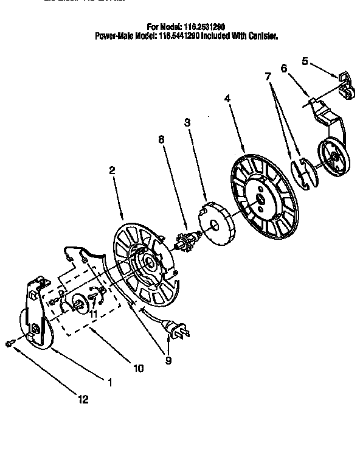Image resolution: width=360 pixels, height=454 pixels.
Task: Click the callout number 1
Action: click(109, 383)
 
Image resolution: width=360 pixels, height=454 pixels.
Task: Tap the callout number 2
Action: click(112, 172)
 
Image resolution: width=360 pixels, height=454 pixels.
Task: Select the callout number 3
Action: click(187, 123)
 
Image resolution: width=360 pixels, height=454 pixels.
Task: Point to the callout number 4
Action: click(227, 97)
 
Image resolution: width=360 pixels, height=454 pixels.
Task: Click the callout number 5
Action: click(305, 61)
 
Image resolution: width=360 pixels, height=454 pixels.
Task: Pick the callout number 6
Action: click(283, 69)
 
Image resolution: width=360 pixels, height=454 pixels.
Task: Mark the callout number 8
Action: click(161, 139)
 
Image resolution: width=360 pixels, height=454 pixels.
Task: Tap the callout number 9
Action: click(168, 360)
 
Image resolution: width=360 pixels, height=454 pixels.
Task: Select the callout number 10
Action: click(138, 368)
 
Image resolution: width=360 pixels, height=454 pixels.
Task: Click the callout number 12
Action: click(83, 400)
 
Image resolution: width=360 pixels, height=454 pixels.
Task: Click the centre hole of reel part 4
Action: click(260, 198)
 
